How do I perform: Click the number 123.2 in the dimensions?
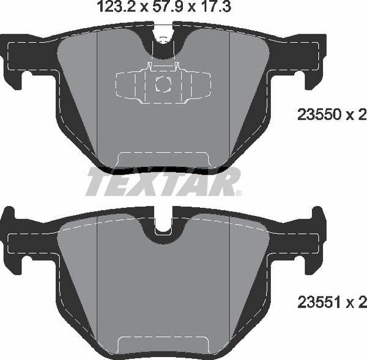[111, 8]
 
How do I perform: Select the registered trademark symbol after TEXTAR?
[238, 193]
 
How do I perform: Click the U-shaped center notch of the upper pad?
[163, 43]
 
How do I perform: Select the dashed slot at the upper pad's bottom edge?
[163, 158]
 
